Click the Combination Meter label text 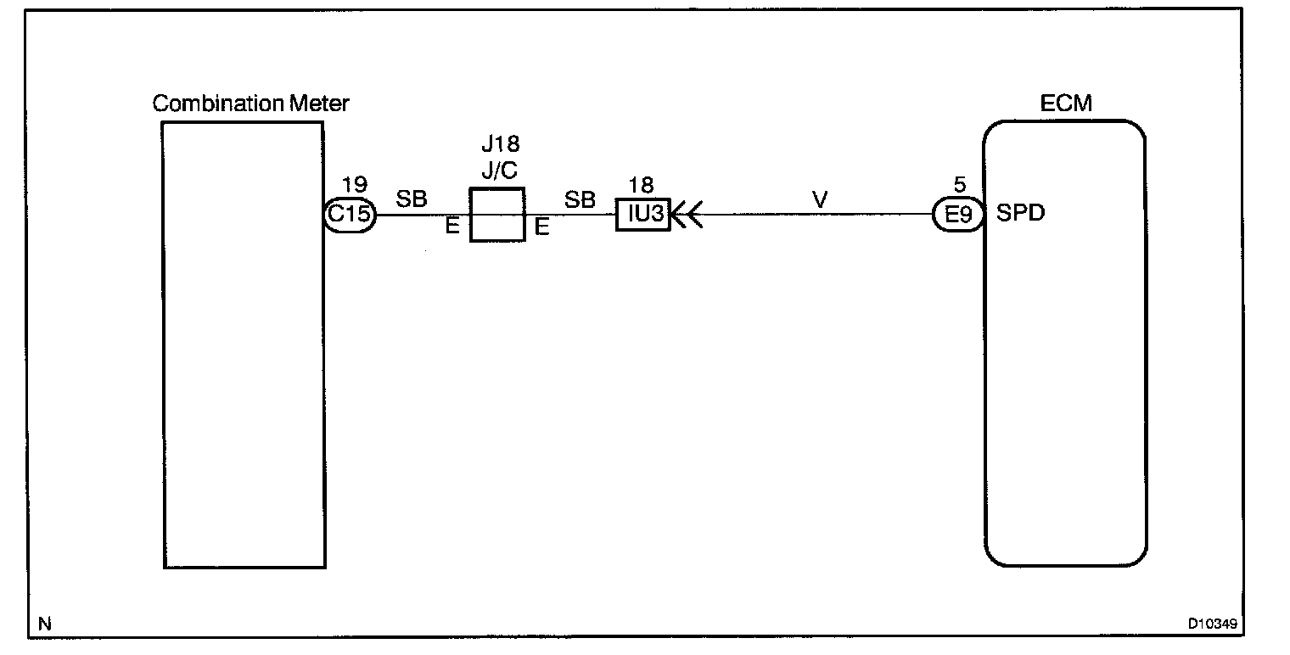coord(250,104)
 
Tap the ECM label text coord(1066,104)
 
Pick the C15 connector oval coord(350,215)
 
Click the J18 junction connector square coord(496,215)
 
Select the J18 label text coord(500,145)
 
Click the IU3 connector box coord(643,215)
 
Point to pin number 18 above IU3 coord(642,186)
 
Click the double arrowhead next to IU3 coord(686,215)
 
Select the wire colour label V coord(819,202)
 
